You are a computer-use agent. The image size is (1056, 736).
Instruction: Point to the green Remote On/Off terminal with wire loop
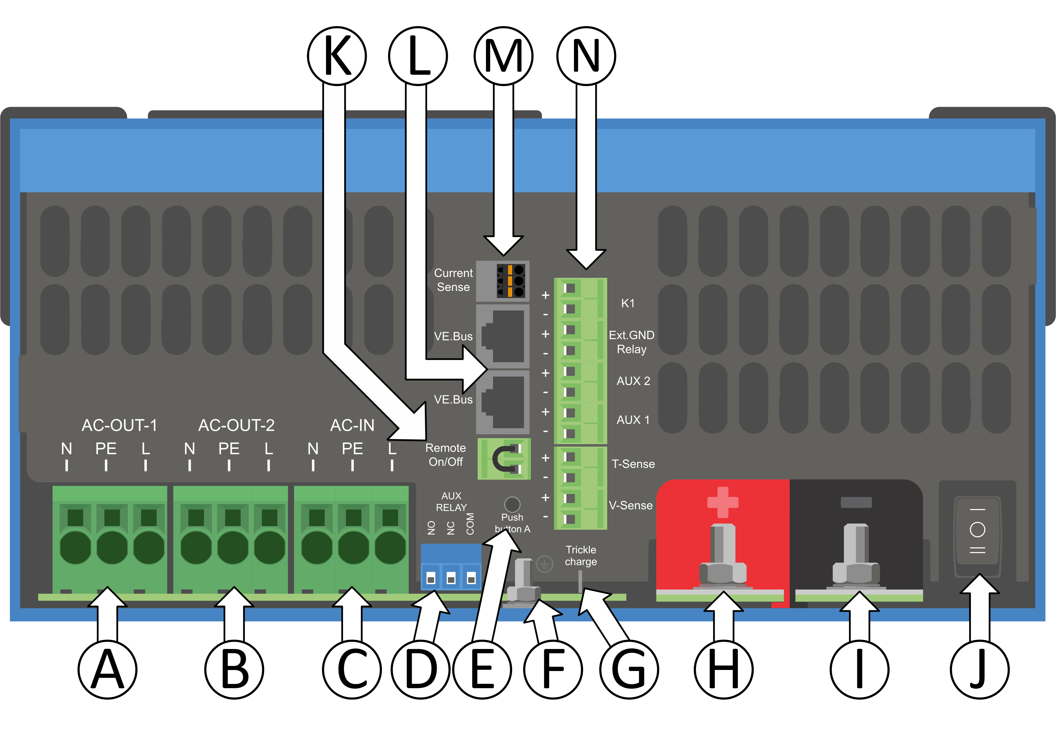(504, 459)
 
